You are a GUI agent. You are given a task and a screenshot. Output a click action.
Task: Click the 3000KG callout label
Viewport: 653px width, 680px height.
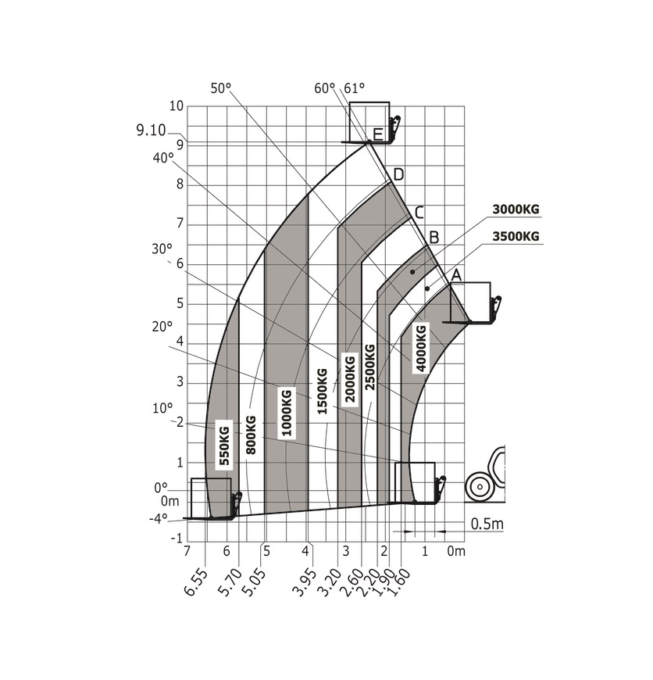(516, 209)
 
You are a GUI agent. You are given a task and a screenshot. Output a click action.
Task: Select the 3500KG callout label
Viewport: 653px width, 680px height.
(516, 236)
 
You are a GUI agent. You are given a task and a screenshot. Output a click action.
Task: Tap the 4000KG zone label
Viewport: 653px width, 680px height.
(421, 349)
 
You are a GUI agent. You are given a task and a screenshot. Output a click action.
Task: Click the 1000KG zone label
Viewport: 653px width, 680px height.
(287, 412)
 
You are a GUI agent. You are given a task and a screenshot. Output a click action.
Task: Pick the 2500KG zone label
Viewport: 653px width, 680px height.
(369, 367)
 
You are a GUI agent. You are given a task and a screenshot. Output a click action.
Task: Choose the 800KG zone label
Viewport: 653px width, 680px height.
(251, 435)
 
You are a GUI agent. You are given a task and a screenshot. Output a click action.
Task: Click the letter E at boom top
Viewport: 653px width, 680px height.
(377, 134)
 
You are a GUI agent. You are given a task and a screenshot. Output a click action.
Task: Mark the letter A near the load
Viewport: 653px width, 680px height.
(456, 275)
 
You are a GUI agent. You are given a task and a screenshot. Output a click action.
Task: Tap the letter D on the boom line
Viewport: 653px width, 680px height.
(398, 175)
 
